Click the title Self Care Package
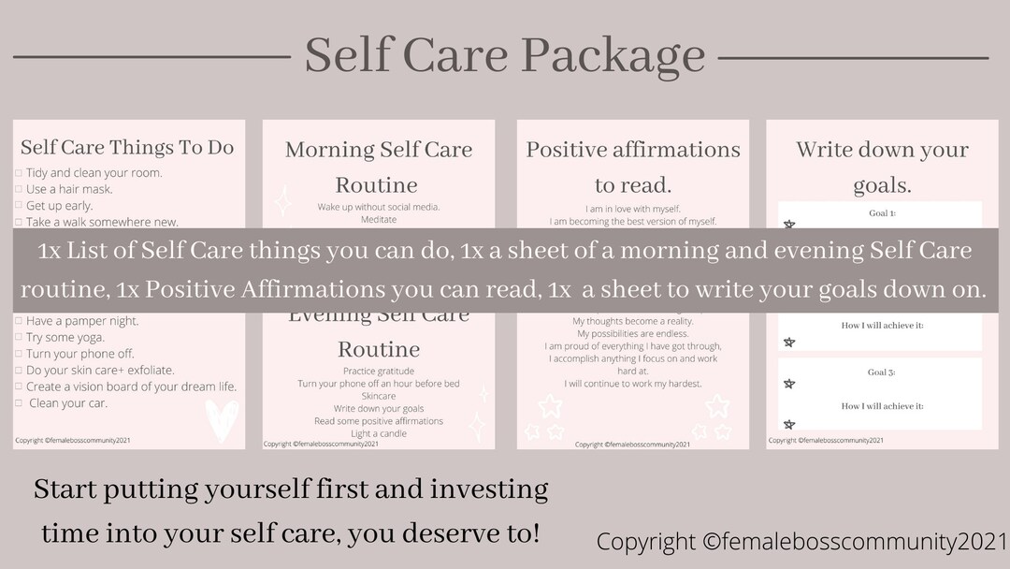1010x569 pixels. point(504,55)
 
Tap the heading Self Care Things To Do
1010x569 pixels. point(127,147)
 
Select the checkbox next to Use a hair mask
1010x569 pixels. point(19,190)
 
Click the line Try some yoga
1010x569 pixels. point(65,337)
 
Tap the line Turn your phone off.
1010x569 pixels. point(79,354)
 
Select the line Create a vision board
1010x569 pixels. point(131,387)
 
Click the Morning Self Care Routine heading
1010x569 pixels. point(378,167)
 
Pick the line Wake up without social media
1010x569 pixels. point(378,207)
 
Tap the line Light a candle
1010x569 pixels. point(378,434)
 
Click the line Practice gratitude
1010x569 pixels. point(378,372)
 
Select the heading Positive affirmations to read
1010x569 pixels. point(633,167)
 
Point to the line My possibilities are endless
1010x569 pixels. point(633,334)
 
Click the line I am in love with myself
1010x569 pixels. point(633,208)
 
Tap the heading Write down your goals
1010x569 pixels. point(882,167)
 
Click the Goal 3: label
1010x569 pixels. point(882,372)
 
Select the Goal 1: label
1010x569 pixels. point(882,213)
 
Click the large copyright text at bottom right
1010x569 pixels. point(801,542)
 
